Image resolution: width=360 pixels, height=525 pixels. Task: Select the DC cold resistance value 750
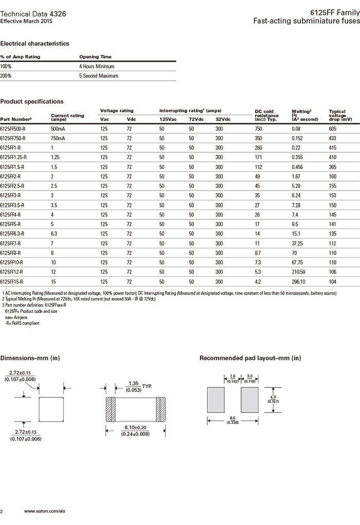258,129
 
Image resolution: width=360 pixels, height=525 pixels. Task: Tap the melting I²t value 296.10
299,282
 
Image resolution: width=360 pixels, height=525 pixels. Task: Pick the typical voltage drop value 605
333,129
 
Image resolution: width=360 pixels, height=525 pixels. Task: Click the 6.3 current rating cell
55,234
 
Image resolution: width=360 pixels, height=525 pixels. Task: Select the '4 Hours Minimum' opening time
97,66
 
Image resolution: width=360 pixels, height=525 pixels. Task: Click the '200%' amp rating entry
6,76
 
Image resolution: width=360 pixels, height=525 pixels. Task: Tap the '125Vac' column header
168,119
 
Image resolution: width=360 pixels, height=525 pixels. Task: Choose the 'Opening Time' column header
95,57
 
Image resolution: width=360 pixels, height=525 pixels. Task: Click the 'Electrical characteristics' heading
34,44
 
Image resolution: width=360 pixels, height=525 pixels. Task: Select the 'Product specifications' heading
32,101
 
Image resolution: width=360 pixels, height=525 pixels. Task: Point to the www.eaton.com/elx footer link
46,511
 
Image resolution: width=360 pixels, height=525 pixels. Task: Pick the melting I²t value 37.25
298,243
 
